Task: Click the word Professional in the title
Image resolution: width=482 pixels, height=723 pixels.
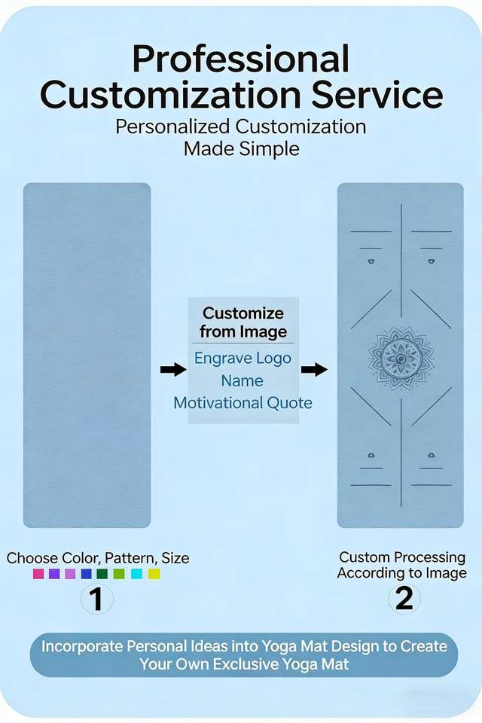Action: tap(240, 59)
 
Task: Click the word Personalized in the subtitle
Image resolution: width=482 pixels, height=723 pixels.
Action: tap(172, 127)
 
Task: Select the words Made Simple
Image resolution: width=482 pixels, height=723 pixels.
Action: tap(241, 148)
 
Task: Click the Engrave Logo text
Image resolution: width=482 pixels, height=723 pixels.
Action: tap(243, 358)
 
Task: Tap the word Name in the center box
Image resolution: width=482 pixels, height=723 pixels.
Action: tap(243, 381)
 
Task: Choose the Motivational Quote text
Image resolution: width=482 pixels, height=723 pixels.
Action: tap(243, 403)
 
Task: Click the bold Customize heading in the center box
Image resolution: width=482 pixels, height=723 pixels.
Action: tap(243, 313)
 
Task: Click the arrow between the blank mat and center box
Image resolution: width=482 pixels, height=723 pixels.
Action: tap(173, 369)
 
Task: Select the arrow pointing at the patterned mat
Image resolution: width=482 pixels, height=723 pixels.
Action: tap(314, 369)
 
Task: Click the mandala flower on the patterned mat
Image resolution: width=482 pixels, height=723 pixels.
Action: tap(401, 358)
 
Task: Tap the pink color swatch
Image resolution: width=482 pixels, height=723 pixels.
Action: tap(38, 574)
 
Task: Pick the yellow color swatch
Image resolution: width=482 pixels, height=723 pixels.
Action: tap(154, 574)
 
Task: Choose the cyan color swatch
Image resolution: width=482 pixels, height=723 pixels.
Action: tap(136, 574)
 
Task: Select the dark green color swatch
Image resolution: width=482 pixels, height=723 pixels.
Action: tap(102, 574)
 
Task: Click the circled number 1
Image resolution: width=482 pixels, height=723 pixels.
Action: tap(97, 599)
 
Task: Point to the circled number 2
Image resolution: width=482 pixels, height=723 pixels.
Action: tap(404, 599)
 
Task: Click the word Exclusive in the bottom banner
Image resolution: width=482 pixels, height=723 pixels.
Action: tap(246, 664)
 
